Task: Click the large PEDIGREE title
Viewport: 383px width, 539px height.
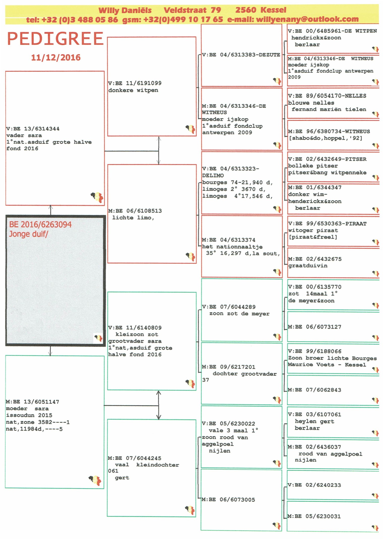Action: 55,39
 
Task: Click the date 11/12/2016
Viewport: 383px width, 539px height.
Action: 56,57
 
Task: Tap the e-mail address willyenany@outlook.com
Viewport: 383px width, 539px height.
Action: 307,19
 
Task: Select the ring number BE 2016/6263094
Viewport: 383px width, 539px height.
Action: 40,224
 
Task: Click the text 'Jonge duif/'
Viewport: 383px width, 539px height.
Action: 28,234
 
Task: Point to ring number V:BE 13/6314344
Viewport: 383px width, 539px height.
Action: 33,129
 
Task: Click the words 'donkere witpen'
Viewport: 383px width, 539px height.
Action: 133,90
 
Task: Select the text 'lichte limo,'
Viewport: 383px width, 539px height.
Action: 133,218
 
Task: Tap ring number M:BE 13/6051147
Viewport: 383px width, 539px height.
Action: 33,402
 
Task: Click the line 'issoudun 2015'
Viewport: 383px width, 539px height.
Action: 29,415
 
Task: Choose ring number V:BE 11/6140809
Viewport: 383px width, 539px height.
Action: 135,328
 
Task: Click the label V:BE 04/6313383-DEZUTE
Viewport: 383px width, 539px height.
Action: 241,55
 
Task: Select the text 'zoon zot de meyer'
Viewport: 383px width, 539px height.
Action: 239,314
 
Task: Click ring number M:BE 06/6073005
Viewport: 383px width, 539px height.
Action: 228,500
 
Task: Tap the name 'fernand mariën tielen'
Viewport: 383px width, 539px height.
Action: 329,109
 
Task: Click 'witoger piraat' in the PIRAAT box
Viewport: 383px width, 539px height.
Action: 313,230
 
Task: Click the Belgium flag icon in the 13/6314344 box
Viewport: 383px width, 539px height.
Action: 97,197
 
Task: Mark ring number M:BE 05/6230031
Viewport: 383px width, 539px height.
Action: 314,516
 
